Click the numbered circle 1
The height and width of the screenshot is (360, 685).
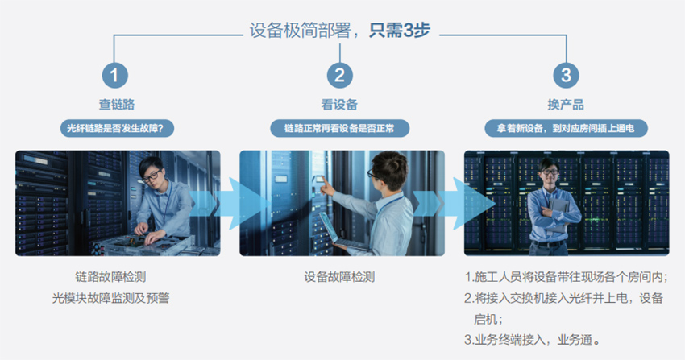tap(115, 75)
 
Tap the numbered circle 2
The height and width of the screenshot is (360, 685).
tap(340, 75)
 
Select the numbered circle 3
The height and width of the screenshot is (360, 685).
tap(567, 75)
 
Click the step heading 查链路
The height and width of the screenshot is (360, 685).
tap(117, 105)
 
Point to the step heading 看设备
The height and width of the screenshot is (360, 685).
tap(339, 105)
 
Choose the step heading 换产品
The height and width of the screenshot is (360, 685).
tap(566, 105)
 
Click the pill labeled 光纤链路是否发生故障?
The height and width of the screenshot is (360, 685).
tap(117, 128)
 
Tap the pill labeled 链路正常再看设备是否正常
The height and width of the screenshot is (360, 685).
tap(340, 128)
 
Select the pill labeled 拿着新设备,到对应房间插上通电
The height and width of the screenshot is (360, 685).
tap(567, 128)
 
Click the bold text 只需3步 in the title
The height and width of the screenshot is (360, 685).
tap(399, 31)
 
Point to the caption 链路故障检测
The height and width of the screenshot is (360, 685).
tap(110, 277)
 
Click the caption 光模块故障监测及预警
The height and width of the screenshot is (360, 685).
tap(110, 298)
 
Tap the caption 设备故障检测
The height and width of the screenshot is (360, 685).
tap(339, 277)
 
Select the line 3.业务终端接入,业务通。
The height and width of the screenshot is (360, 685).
tap(532, 340)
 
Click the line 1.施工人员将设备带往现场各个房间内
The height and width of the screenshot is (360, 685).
tap(565, 277)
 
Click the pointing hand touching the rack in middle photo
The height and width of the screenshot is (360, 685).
tap(326, 188)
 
